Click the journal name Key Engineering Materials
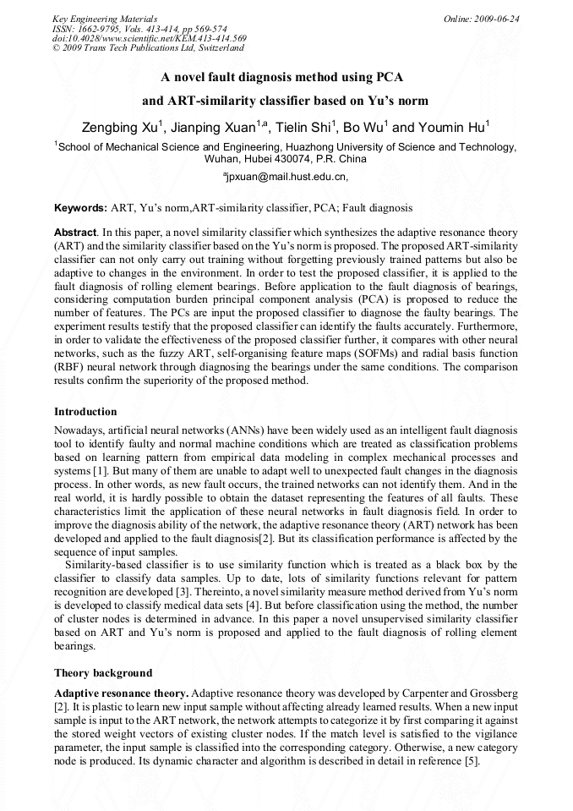click(x=105, y=18)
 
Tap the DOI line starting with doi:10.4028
click(x=149, y=38)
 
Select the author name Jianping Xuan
click(x=216, y=129)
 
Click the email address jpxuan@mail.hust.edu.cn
click(x=284, y=177)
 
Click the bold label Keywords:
click(x=80, y=207)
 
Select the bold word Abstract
click(x=75, y=232)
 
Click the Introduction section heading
click(x=85, y=412)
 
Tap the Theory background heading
click(x=103, y=673)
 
